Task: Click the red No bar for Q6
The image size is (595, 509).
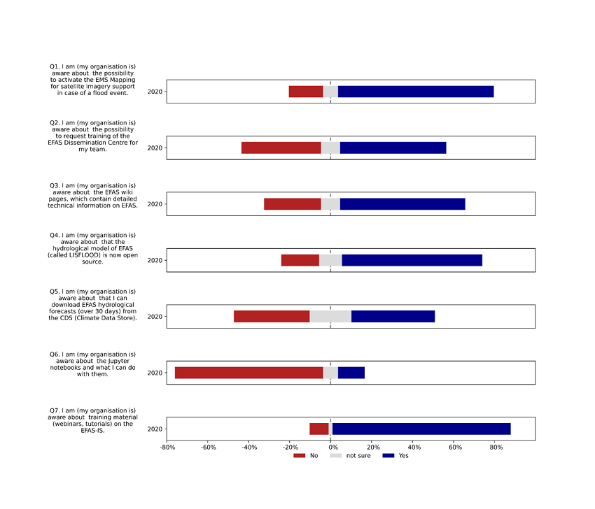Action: click(x=248, y=373)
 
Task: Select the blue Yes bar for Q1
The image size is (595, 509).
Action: click(x=416, y=92)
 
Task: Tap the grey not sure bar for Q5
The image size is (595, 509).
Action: click(x=330, y=316)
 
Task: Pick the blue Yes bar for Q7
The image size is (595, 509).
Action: click(x=421, y=429)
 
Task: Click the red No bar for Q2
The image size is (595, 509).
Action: click(x=281, y=148)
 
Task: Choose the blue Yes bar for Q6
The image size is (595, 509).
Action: click(x=351, y=373)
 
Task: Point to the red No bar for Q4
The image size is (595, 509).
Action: click(x=300, y=260)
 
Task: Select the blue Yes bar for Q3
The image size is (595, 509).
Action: click(x=402, y=204)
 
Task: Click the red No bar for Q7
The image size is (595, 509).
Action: click(x=319, y=429)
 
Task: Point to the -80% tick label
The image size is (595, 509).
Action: click(x=167, y=447)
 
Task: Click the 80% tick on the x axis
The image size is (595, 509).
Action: click(x=495, y=447)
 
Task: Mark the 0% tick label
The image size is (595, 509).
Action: click(x=331, y=447)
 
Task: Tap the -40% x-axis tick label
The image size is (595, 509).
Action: click(x=248, y=447)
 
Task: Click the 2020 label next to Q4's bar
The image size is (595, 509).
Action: click(x=155, y=260)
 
